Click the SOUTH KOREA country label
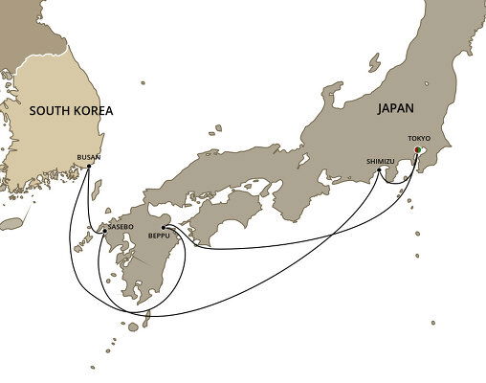point(71,111)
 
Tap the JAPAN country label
point(396,110)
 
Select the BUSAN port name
point(89,157)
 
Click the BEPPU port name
point(159,236)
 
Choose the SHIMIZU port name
point(380,162)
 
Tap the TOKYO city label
point(419,139)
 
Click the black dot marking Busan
point(89,167)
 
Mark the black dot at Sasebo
point(104,231)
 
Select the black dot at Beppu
point(164,227)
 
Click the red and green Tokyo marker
point(418,149)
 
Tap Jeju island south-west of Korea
point(11,223)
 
